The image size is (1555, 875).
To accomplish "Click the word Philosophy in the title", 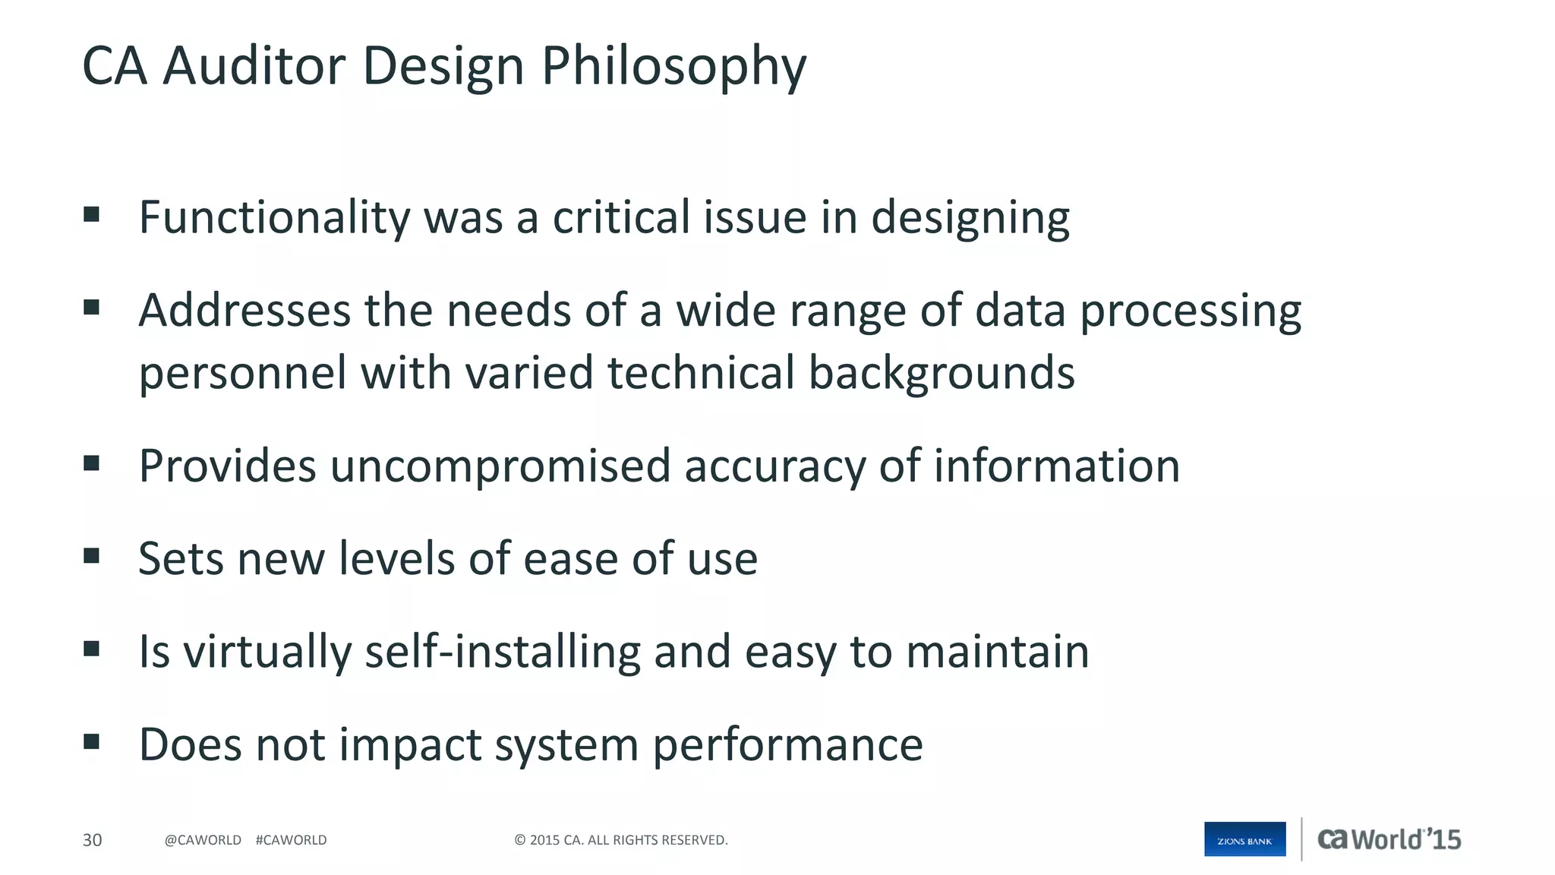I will click(x=673, y=67).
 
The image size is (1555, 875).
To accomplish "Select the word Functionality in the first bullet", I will click(x=274, y=218).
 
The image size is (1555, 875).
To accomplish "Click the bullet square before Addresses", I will click(x=92, y=308).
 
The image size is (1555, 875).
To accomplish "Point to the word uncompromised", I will click(x=500, y=466).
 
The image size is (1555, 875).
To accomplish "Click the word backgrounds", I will click(x=942, y=373).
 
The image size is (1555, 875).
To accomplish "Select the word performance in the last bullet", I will click(x=787, y=744).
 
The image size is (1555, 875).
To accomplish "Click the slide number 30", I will click(x=92, y=840).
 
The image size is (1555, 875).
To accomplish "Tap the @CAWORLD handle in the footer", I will click(x=203, y=840).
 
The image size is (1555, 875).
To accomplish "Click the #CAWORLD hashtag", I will click(x=291, y=840).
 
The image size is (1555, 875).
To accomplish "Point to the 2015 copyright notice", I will click(x=621, y=840).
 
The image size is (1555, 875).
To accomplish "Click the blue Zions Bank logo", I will click(x=1244, y=839).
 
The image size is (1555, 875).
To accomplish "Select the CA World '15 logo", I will click(x=1389, y=839).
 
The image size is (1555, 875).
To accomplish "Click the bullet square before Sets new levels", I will click(x=92, y=556).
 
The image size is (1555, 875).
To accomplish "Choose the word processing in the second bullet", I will click(x=1191, y=311).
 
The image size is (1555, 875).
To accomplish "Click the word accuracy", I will click(x=774, y=466).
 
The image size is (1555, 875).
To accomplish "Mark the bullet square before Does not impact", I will click(x=92, y=741).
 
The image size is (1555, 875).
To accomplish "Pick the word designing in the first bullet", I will click(x=970, y=218).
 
